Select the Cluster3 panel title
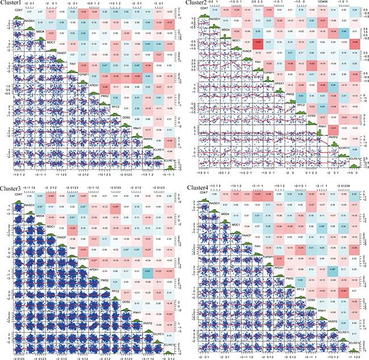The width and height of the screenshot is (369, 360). [12, 185]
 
